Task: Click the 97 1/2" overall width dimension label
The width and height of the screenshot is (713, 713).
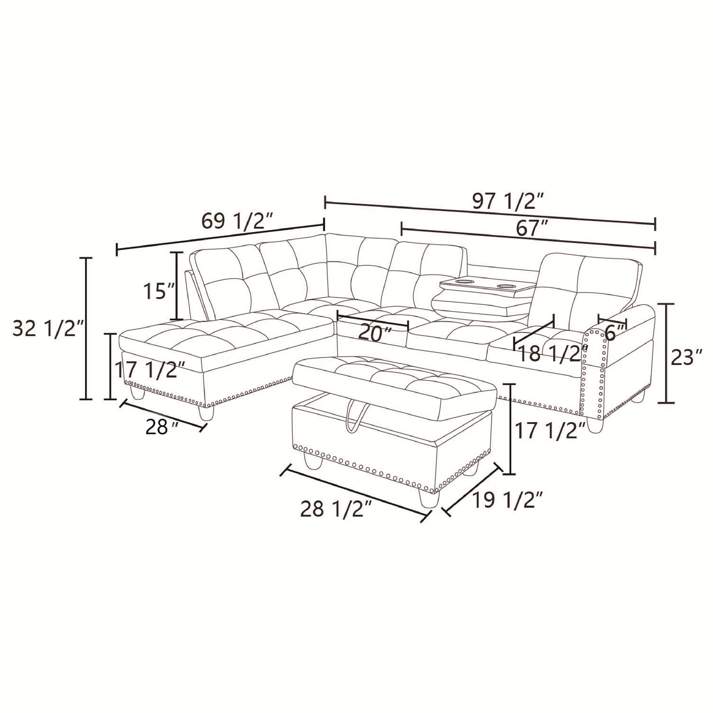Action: coord(508,201)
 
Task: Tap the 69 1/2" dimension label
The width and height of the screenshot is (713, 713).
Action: coord(237,221)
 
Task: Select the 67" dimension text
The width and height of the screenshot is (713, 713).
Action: coord(532,229)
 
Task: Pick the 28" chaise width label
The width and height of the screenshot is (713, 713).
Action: coord(161,427)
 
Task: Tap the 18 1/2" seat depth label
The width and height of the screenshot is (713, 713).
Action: coord(553,354)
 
